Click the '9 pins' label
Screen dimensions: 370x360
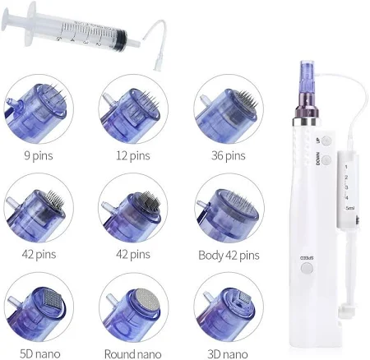click(39, 156)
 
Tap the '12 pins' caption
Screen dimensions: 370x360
click(133, 156)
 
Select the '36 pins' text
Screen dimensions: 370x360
click(228, 156)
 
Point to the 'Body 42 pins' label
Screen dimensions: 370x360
click(229, 256)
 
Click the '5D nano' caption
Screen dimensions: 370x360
click(40, 353)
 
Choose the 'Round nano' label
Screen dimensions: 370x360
click(133, 353)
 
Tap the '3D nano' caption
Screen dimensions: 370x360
click(228, 353)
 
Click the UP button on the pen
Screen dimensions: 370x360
click(326, 141)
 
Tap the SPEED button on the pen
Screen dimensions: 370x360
click(307, 268)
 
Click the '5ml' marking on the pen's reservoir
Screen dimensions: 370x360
click(350, 208)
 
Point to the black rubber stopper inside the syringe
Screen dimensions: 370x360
click(121, 39)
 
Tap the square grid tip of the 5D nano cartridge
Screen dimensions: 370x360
click(53, 298)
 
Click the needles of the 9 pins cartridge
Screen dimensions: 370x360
click(55, 92)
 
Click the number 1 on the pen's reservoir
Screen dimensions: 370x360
click(346, 167)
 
